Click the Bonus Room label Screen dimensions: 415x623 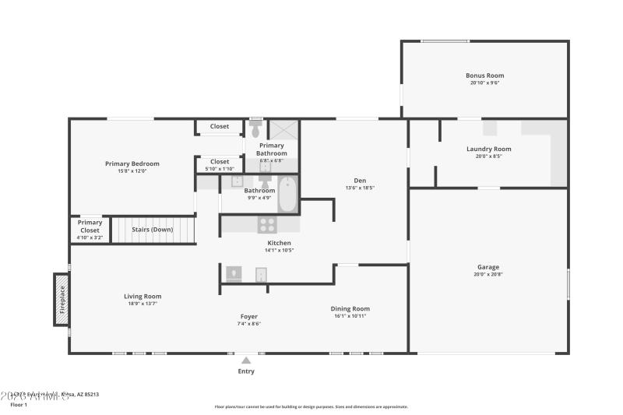(484, 76)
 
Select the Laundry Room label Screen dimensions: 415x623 (488, 149)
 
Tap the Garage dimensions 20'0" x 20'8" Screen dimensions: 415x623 (488, 274)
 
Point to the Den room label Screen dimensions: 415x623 (354, 181)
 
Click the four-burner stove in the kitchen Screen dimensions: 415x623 (267, 225)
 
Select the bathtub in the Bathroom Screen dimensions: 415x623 (287, 194)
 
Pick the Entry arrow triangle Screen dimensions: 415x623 (246, 360)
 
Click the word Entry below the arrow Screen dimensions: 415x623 (246, 371)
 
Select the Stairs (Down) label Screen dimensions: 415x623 (152, 230)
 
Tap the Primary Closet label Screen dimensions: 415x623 (90, 227)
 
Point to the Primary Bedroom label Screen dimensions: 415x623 (132, 164)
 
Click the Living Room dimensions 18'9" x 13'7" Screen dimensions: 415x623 (143, 303)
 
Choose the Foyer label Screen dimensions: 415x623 (248, 316)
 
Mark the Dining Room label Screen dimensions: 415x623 (350, 308)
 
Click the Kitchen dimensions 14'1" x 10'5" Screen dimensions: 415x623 (279, 250)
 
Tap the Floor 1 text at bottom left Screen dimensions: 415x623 (19, 405)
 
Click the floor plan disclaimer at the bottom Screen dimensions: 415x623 (311, 406)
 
